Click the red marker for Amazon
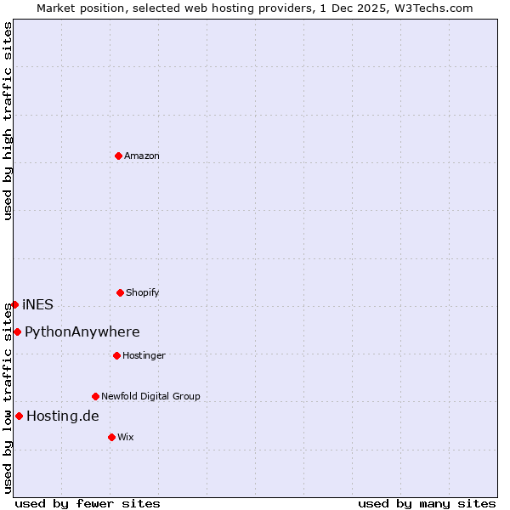[118, 156]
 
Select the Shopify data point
[120, 292]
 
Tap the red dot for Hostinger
[116, 355]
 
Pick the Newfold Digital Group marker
[95, 396]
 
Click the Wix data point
[111, 437]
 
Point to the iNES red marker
[14, 304]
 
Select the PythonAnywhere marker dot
[17, 331]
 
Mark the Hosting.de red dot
[19, 416]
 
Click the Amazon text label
[142, 156]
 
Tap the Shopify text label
[143, 292]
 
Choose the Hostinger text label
[144, 355]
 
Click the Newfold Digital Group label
[150, 396]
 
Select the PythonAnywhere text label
[82, 331]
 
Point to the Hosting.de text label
[63, 416]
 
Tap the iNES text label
[37, 304]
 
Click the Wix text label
[126, 437]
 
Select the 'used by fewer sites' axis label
[88, 503]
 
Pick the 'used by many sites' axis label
[427, 503]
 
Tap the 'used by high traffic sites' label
[8, 121]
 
